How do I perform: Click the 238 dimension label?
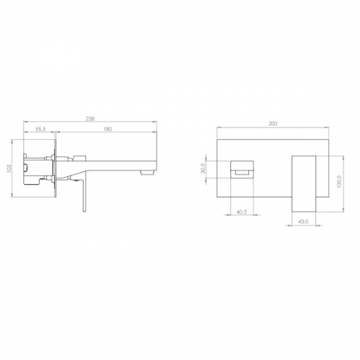(x=90, y=119)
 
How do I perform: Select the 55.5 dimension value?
(x=40, y=129)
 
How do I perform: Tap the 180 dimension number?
(x=107, y=129)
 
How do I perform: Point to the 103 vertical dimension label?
(x=9, y=168)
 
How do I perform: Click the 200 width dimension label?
(x=273, y=124)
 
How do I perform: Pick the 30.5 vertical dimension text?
(x=203, y=168)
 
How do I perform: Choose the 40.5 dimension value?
(x=242, y=212)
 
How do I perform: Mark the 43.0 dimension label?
(x=303, y=222)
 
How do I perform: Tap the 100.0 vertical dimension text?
(x=339, y=181)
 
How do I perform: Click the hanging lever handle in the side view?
(x=84, y=196)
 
